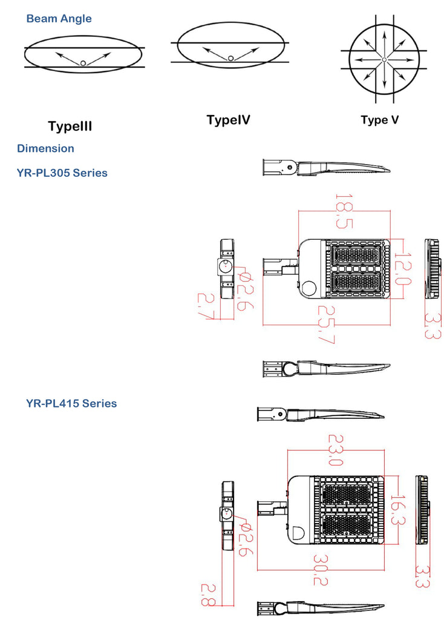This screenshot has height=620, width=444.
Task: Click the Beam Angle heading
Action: click(59, 19)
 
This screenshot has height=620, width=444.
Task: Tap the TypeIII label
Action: click(70, 127)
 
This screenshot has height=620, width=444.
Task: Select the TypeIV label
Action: click(228, 120)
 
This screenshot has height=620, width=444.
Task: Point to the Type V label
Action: click(380, 120)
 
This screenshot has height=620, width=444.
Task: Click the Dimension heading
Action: click(45, 148)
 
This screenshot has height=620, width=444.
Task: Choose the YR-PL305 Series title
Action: click(62, 173)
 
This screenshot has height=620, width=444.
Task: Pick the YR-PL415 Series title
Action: click(71, 403)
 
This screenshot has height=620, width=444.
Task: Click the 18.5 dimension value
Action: click(344, 211)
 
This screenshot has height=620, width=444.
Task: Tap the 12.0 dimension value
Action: click(402, 269)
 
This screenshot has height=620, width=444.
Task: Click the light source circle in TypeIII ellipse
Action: click(83, 62)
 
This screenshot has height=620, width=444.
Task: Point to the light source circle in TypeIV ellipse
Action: click(230, 58)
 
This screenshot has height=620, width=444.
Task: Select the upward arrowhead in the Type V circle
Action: click(384, 29)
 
